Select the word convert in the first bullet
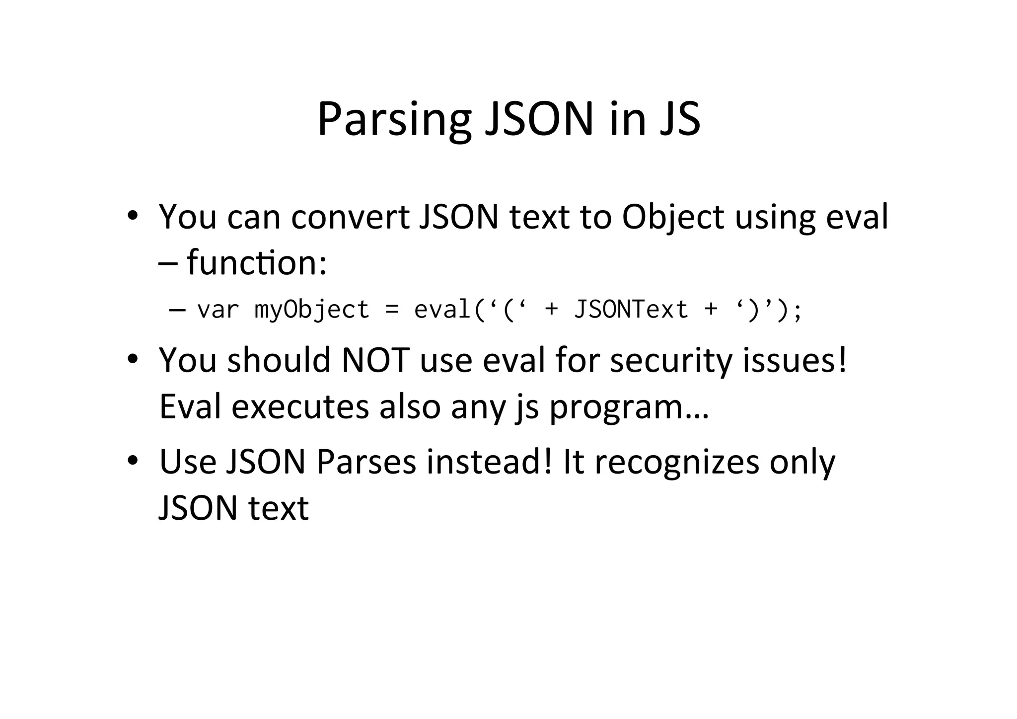click(350, 217)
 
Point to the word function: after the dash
click(257, 263)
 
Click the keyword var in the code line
click(218, 310)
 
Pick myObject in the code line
click(312, 310)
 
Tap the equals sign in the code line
click(392, 310)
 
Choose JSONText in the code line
click(631, 310)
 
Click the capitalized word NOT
click(375, 360)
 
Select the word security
click(671, 361)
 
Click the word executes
click(300, 406)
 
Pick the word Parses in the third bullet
click(366, 462)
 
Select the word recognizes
click(677, 463)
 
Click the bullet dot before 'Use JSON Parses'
click(132, 461)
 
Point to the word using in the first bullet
click(775, 218)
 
